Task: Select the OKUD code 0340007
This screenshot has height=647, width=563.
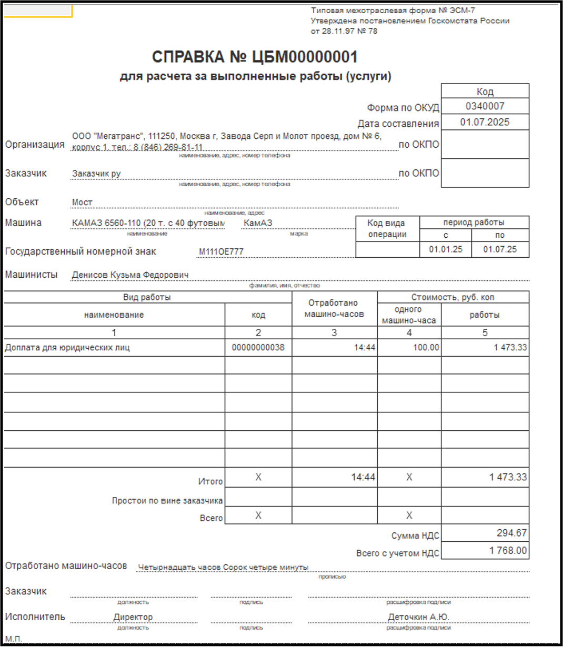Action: (485, 106)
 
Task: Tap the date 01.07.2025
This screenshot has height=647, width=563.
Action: (485, 122)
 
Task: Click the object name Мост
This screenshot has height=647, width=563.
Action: (82, 203)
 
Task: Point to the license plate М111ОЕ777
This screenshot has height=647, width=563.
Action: (221, 252)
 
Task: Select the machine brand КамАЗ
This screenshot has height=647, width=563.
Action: (258, 223)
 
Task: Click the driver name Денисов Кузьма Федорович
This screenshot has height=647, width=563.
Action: (130, 275)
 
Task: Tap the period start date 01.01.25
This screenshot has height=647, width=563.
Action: (446, 249)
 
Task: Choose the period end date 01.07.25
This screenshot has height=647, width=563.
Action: (500, 249)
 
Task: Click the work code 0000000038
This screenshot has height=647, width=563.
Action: (258, 348)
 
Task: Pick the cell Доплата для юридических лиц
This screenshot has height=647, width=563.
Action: (67, 348)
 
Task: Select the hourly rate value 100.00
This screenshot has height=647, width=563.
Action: (426, 348)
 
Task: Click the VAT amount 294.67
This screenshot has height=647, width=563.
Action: (511, 533)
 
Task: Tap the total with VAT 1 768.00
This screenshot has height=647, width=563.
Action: (508, 551)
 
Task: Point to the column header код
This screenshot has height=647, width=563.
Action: (258, 315)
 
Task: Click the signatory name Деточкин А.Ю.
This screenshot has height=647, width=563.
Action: (418, 617)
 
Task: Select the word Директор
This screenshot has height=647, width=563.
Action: (133, 617)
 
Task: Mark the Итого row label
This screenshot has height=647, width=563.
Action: (210, 481)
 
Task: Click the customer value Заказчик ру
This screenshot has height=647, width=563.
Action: (96, 174)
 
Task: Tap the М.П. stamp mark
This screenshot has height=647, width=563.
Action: (14, 639)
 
